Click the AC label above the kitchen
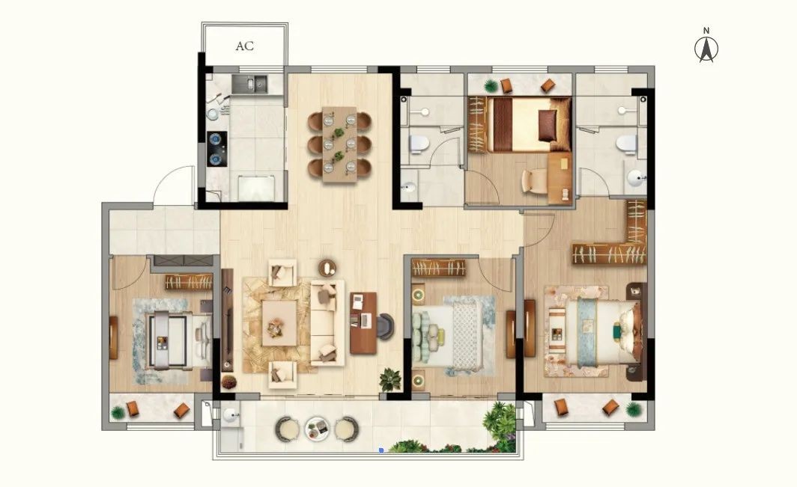tap(244, 46)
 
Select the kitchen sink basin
tap(249, 85)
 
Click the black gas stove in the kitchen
tap(216, 149)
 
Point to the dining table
tap(339, 144)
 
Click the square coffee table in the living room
tap(279, 323)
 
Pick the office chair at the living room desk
tap(386, 326)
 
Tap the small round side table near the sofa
tap(327, 268)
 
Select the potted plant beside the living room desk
tap(390, 379)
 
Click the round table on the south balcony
tap(318, 429)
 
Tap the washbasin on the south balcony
tap(231, 415)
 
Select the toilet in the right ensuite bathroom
tap(627, 144)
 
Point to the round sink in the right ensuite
tap(636, 178)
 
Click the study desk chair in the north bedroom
tap(533, 181)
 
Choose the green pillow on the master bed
tap(616, 331)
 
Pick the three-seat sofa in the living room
tap(327, 322)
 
